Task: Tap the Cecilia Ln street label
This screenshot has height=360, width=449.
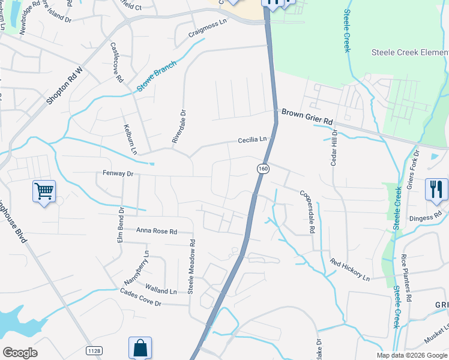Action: pos(252,140)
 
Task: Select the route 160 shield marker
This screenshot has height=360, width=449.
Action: pos(263,169)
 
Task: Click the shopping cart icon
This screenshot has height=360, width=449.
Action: pos(44,191)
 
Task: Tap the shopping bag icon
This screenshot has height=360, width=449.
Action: pos(140,347)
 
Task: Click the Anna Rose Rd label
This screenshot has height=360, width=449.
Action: pos(157,231)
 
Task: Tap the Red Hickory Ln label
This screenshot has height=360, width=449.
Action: pos(350,270)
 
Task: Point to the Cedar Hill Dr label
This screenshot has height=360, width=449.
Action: pos(334,149)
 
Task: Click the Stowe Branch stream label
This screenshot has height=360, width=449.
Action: pos(156,76)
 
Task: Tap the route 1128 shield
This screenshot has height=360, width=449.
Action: pos(93,349)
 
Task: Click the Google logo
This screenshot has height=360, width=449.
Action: pos(20,353)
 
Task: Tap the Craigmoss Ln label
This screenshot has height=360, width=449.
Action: pos(208,28)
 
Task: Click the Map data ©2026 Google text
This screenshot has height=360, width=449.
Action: pos(411,355)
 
